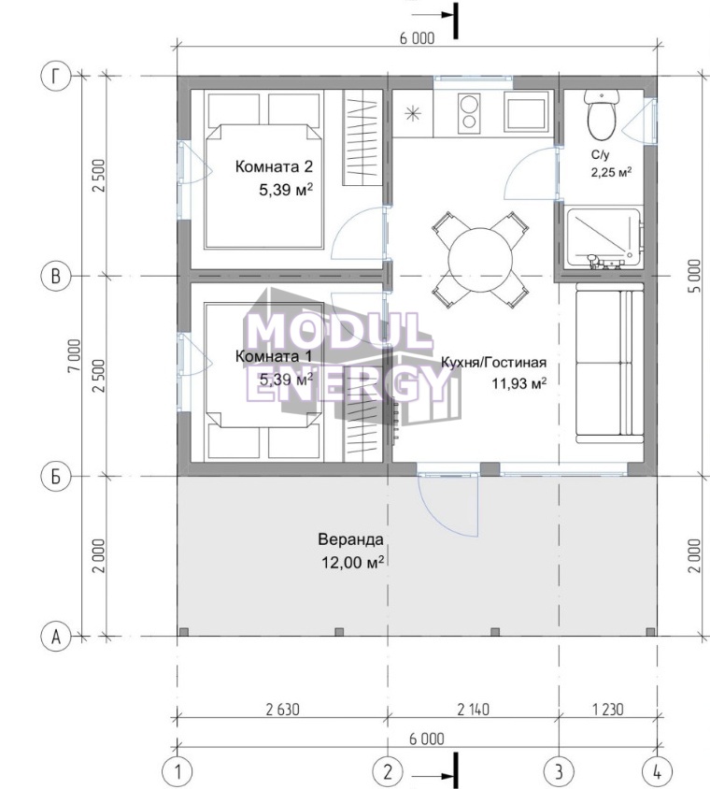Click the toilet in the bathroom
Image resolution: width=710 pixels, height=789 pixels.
click(602, 115)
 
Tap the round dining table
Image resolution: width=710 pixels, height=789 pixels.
click(480, 260)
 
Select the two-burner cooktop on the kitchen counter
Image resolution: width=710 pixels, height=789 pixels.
click(470, 113)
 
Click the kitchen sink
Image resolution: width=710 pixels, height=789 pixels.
click(525, 114)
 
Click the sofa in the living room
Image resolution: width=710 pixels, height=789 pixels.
click(609, 363)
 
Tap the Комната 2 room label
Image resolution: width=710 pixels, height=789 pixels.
click(274, 166)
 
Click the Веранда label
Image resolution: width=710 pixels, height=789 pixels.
click(350, 540)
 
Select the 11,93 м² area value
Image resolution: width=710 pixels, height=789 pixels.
click(518, 384)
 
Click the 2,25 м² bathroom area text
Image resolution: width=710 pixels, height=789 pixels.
click(611, 173)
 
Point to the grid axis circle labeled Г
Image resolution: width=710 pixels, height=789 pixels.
click(56, 77)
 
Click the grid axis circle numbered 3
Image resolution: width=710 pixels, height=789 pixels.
click(560, 771)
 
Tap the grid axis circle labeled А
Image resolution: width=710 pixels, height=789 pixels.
click(56, 637)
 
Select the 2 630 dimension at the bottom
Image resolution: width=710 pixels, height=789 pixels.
click(282, 709)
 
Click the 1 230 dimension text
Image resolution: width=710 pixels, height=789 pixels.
click(608, 709)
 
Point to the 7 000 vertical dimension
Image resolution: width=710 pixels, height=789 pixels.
click(75, 355)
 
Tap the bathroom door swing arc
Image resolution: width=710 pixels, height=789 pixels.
click(531, 174)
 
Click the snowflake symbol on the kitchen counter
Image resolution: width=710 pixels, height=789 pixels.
click(412, 114)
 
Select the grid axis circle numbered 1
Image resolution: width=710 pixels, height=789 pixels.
click(177, 771)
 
